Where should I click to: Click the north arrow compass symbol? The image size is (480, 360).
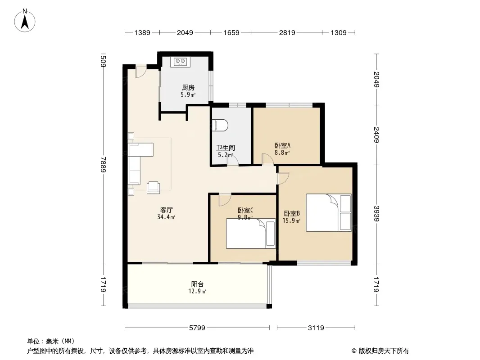pyautogui.click(x=25, y=20)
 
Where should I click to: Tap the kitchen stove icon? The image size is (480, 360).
pyautogui.click(x=180, y=62)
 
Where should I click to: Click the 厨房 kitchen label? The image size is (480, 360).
pyautogui.click(x=188, y=88)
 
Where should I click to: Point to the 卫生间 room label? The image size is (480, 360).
pyautogui.click(x=226, y=148)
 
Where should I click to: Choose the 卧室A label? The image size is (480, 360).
pyautogui.click(x=282, y=146)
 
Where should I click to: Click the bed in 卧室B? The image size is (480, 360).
pyautogui.click(x=329, y=212)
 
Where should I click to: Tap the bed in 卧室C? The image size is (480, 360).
pyautogui.click(x=251, y=234)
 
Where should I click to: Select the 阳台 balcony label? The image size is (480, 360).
pyautogui.click(x=197, y=284)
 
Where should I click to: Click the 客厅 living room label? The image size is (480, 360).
pyautogui.click(x=166, y=210)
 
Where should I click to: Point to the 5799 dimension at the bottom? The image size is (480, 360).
pyautogui.click(x=197, y=328)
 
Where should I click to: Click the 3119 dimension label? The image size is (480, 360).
pyautogui.click(x=316, y=328)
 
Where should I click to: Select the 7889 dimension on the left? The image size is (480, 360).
pyautogui.click(x=104, y=164)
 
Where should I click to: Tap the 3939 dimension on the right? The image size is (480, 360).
pyautogui.click(x=376, y=213)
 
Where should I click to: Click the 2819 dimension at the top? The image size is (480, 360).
pyautogui.click(x=287, y=32)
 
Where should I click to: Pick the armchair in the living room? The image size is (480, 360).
pyautogui.click(x=154, y=188)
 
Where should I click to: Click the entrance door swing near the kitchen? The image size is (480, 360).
pyautogui.click(x=141, y=72)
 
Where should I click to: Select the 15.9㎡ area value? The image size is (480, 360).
pyautogui.click(x=291, y=220)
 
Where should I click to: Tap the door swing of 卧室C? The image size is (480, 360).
pyautogui.click(x=224, y=200)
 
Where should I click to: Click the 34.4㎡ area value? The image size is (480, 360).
pyautogui.click(x=166, y=217)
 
